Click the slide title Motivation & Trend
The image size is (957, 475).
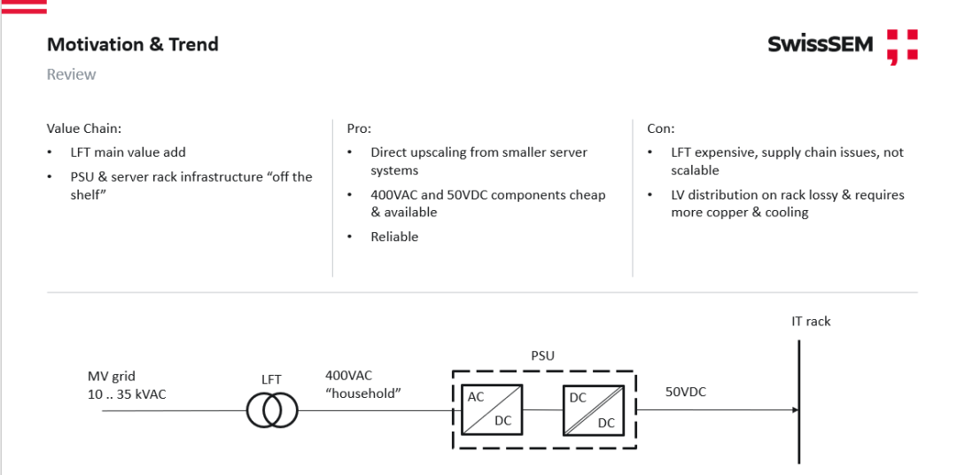pos(132,44)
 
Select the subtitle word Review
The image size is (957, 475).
pos(71,74)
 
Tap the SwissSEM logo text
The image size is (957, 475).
pos(821,44)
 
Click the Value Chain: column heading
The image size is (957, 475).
pos(84,128)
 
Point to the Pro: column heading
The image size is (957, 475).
pos(359,128)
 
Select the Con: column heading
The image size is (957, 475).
pos(661,128)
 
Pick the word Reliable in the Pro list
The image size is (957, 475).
pos(394,237)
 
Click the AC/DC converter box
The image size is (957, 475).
pos(491,409)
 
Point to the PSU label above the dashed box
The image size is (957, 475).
pos(542,355)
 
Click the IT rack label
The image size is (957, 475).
pos(811,321)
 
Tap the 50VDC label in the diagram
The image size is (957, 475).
pos(686,391)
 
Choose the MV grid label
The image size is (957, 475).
pos(112,376)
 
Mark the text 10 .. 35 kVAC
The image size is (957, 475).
pos(127,393)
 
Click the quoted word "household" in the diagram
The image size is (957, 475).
pos(363,393)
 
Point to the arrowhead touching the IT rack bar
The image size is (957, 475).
pos(794,410)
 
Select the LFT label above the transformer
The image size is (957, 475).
pos(270,379)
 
